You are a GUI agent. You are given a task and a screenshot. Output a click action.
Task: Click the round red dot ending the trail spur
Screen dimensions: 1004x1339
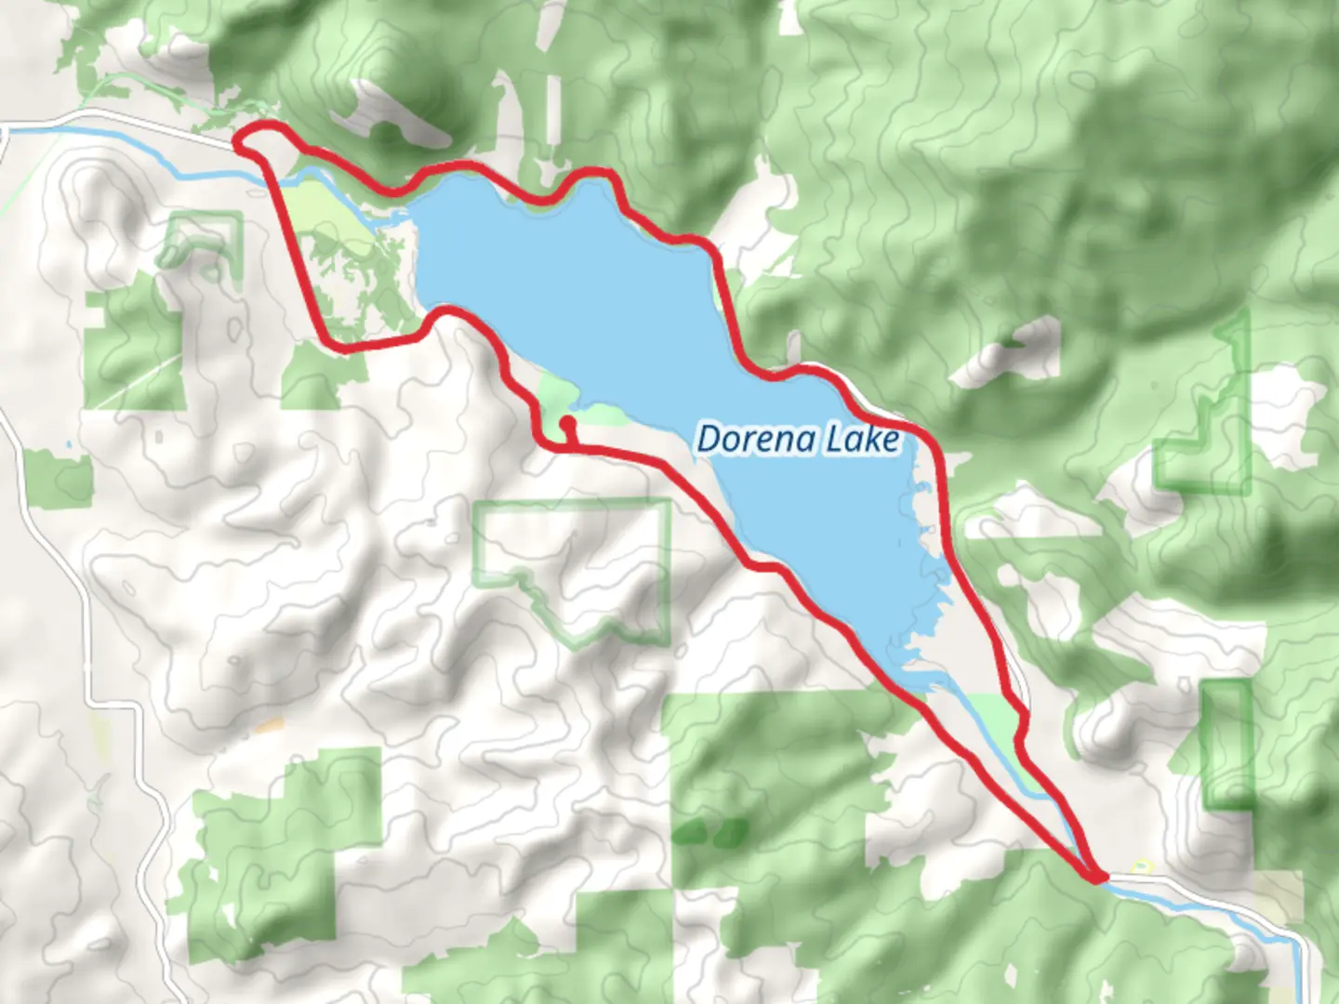[566, 423]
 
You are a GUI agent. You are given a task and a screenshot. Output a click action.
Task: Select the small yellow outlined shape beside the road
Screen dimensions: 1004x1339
[1143, 866]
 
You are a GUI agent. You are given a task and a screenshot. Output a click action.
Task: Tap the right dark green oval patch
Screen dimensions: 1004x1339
[731, 830]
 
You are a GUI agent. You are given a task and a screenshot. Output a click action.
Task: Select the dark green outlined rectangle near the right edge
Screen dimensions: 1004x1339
[1227, 744]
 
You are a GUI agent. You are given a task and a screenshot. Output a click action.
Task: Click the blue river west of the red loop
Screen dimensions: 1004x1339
[139, 144]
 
